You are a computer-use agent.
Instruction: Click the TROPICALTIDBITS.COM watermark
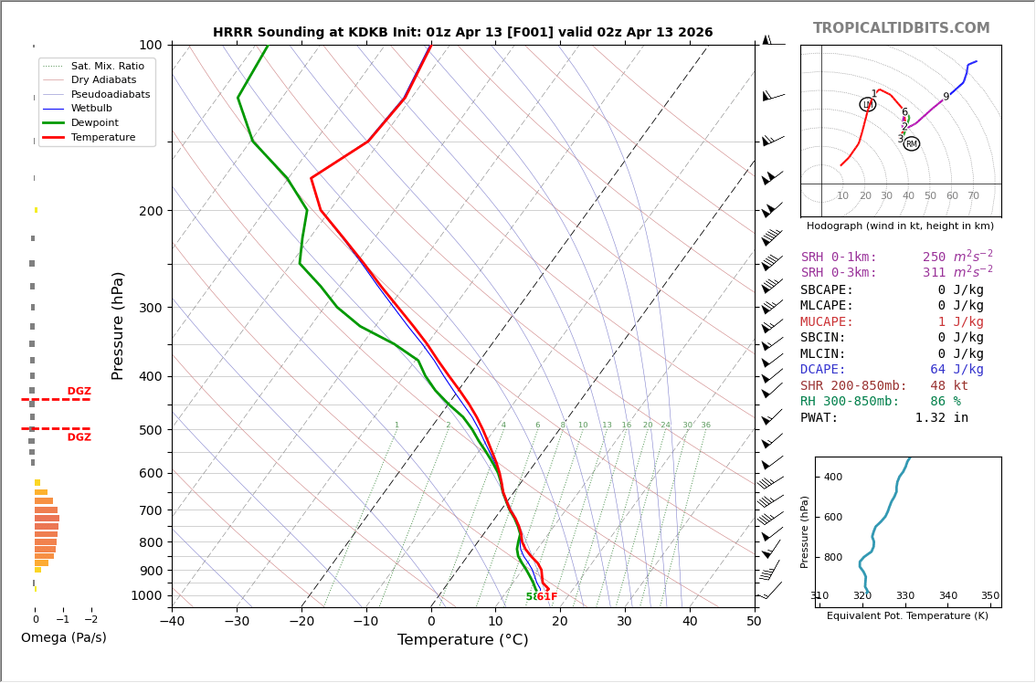pos(901,28)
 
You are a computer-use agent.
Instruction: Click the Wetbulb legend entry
pos(91,108)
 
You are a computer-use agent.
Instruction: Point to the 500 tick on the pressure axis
pos(151,430)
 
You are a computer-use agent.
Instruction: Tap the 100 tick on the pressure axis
pos(151,45)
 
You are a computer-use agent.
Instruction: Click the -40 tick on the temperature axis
pos(172,622)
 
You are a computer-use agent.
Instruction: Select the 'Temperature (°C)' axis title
pos(462,640)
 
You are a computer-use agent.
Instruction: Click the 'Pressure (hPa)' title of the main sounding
pos(118,325)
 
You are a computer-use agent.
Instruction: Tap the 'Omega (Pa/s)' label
pos(64,637)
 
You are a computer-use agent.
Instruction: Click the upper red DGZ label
pos(79,392)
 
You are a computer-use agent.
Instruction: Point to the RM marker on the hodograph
pos(911,143)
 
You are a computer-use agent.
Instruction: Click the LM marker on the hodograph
pos(867,104)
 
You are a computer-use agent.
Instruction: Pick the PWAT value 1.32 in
pos(941,418)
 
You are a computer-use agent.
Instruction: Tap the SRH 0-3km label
pos(839,273)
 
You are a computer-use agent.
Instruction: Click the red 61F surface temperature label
pos(546,597)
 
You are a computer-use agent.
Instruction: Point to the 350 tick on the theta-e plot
pos(989,596)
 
